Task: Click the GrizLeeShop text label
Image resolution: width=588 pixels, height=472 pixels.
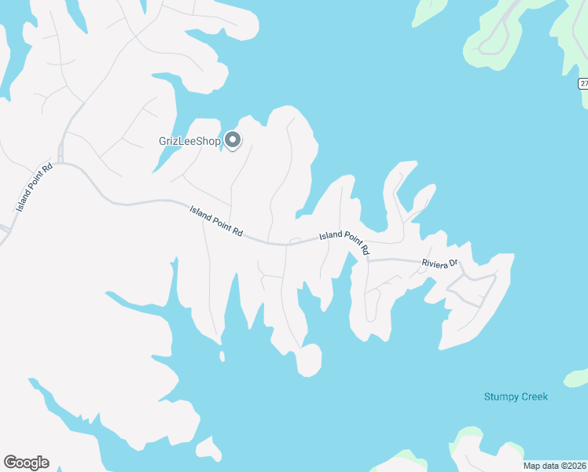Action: pos(189,142)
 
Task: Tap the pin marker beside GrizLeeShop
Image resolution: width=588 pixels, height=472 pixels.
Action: pos(233,140)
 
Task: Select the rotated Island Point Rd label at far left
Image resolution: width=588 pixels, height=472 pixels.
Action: pos(35,186)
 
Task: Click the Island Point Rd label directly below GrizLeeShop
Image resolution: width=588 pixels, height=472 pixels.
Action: pos(216,223)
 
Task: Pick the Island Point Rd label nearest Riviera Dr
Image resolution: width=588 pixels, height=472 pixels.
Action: pos(344,242)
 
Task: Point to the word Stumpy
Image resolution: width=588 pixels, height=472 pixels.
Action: pos(501,396)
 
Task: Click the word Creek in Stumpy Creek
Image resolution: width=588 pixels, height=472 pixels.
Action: pos(534,396)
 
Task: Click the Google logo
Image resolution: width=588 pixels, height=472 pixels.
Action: pos(26,463)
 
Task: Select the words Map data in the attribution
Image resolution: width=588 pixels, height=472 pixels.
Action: pos(540,466)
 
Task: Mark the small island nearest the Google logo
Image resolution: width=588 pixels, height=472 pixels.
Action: pos(209,449)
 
